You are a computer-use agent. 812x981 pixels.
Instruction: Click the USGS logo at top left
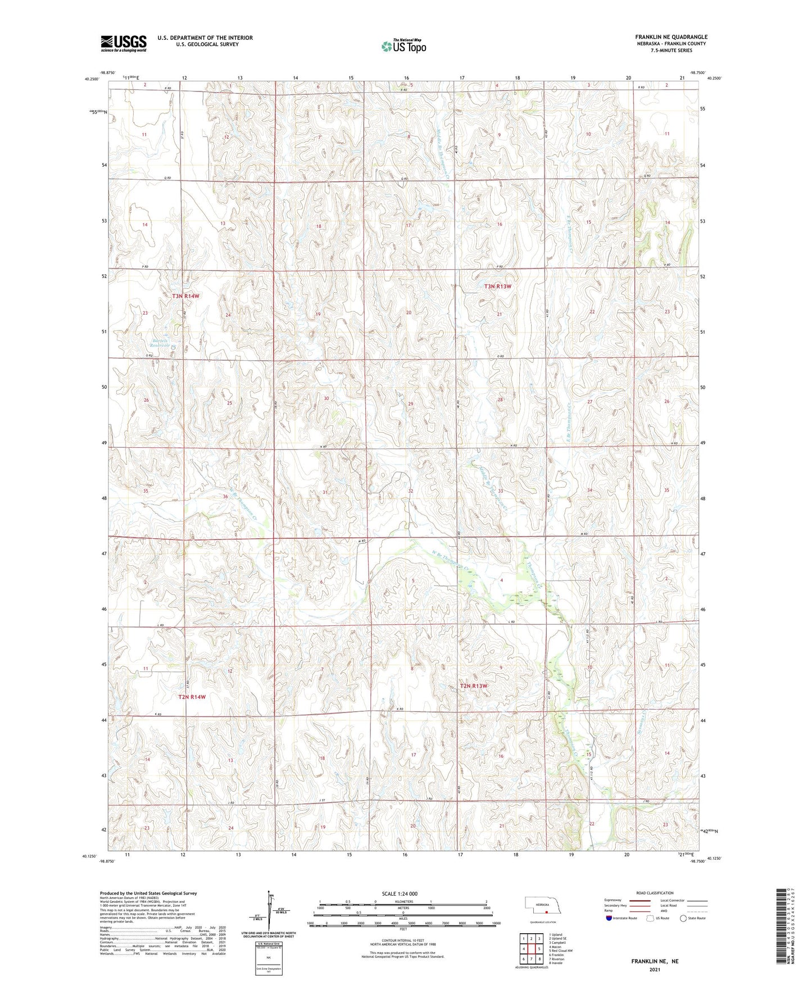coord(124,43)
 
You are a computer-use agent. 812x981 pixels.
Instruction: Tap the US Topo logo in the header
coord(403,46)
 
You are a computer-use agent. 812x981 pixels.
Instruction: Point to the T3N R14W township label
coord(186,296)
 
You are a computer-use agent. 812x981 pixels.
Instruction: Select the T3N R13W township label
coord(498,286)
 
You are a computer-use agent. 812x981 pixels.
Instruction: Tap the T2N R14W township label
coord(192,697)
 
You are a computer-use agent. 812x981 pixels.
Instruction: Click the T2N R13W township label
coord(474,686)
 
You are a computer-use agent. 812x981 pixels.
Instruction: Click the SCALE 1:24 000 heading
coord(400,893)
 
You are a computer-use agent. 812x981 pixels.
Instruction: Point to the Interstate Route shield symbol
coord(609,918)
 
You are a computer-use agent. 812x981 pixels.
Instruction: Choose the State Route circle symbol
coord(683,918)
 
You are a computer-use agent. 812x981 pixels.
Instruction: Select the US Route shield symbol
coord(651,918)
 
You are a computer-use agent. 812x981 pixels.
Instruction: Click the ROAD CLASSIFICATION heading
coord(655,893)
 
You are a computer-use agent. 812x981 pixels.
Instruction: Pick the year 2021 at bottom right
coord(654,969)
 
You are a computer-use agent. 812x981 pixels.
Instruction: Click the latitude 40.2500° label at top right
coord(713,79)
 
